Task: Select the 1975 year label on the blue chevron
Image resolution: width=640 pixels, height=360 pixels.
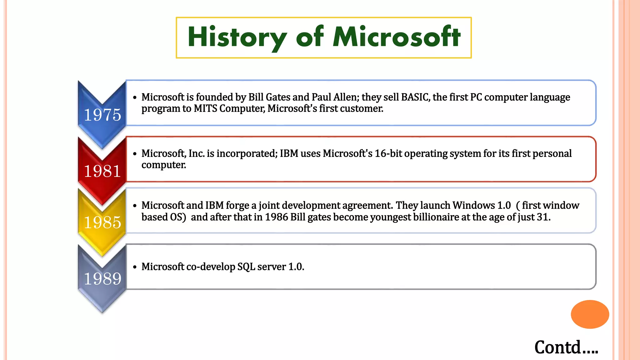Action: point(102,115)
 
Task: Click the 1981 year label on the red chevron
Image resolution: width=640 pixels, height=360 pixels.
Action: point(102,171)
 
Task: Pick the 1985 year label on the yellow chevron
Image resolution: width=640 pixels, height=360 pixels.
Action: point(102,222)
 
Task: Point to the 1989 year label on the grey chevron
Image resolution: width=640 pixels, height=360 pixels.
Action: point(102,279)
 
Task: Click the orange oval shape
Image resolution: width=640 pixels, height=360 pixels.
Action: point(590,314)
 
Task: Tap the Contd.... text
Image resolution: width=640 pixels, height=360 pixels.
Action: point(566,347)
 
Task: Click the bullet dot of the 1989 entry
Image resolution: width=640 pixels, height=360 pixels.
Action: point(135,267)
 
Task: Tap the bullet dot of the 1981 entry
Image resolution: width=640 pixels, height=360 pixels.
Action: point(135,154)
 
